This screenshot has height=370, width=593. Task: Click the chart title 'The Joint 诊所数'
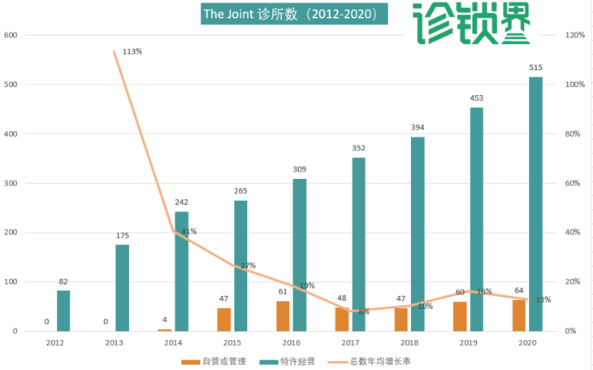coord(289,15)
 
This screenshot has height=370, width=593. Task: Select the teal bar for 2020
coord(535,203)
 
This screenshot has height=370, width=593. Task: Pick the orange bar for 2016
coord(283,316)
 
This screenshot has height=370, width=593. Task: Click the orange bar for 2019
coord(461,316)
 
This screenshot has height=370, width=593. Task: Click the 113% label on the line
coord(132,51)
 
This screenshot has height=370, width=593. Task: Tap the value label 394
coord(418,128)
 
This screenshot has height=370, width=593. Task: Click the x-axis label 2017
coord(351,343)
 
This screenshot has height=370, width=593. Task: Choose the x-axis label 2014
coord(174,343)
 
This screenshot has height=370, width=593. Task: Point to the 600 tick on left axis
coord(11,35)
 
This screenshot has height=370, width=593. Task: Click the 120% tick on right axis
coord(574,35)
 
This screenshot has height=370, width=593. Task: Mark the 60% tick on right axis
coord(572,183)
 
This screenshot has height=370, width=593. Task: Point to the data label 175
coord(123,236)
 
